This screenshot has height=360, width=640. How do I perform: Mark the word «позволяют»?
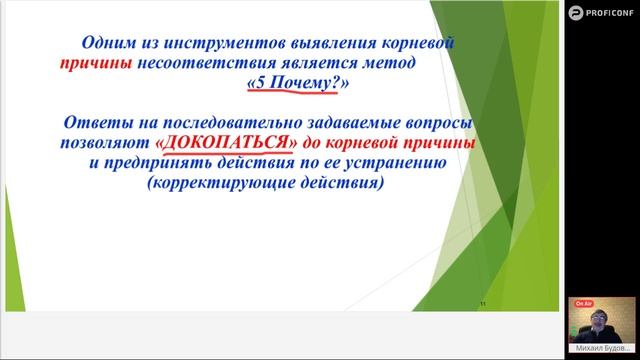click(103, 144)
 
